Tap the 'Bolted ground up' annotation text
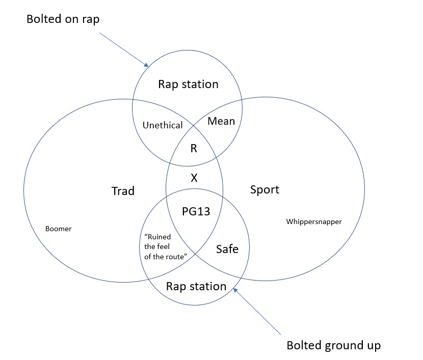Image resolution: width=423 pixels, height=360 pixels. (333, 345)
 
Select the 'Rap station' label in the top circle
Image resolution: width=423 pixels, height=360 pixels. (188, 84)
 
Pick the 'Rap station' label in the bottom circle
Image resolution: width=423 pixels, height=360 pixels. (196, 286)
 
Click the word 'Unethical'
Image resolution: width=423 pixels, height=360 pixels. (163, 125)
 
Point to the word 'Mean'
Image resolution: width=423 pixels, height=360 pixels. (222, 121)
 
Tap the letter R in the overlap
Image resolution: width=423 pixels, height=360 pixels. (194, 149)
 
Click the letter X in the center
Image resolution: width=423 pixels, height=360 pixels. (194, 178)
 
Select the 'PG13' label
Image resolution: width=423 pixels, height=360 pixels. (196, 211)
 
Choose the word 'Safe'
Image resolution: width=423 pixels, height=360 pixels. (227, 248)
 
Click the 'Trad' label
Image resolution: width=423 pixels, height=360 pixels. (123, 191)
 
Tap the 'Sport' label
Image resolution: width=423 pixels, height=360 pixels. (265, 190)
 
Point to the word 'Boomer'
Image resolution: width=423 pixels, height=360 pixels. (59, 229)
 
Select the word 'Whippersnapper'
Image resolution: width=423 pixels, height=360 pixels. (314, 221)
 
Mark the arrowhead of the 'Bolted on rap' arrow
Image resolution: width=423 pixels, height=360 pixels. (146, 66)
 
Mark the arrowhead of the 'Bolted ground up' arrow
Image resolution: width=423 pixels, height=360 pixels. (234, 290)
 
